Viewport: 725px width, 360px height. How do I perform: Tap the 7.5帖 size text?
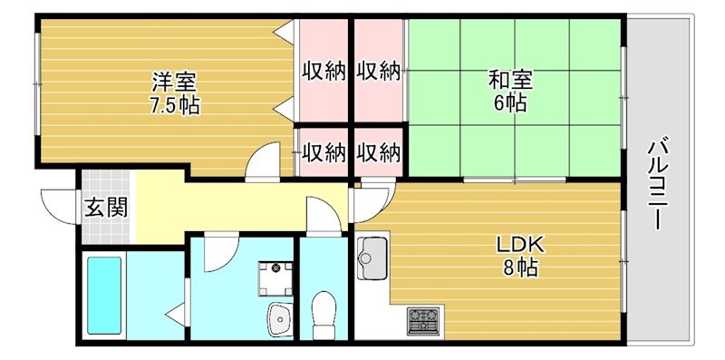(x=175, y=105)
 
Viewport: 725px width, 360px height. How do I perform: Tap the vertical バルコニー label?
(x=659, y=182)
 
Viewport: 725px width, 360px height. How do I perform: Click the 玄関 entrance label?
(x=106, y=208)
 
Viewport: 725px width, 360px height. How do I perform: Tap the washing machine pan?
(x=275, y=276)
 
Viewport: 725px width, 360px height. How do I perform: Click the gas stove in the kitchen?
(x=422, y=318)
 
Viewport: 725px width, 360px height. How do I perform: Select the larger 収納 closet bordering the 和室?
(x=378, y=71)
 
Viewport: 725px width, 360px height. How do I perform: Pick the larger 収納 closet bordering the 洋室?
(x=324, y=71)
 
